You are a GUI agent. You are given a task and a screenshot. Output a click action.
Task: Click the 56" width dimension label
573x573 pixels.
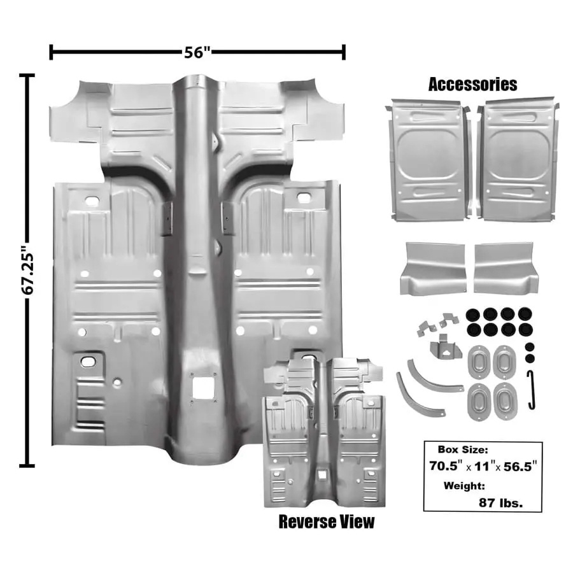(x=197, y=52)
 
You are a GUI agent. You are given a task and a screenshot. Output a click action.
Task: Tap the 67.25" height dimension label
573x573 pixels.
(x=27, y=270)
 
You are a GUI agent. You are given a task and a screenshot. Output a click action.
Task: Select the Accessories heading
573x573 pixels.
(x=472, y=84)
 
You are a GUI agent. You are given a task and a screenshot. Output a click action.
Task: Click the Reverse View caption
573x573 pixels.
(x=327, y=522)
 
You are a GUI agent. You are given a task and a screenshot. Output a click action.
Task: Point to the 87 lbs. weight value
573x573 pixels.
(x=500, y=502)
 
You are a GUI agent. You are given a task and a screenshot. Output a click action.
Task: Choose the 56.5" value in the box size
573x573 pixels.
(x=518, y=465)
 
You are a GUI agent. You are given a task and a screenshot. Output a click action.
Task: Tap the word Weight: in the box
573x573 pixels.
(x=464, y=486)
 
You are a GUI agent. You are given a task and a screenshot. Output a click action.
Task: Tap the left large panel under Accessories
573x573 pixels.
(x=428, y=160)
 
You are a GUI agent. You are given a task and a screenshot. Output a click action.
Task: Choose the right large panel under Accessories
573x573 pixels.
(x=519, y=160)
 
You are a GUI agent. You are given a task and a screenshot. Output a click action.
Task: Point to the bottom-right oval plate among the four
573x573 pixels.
(x=506, y=401)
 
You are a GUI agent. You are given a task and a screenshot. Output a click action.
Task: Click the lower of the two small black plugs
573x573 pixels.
(x=530, y=358)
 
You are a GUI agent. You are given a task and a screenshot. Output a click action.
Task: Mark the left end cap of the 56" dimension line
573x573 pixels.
(x=51, y=52)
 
